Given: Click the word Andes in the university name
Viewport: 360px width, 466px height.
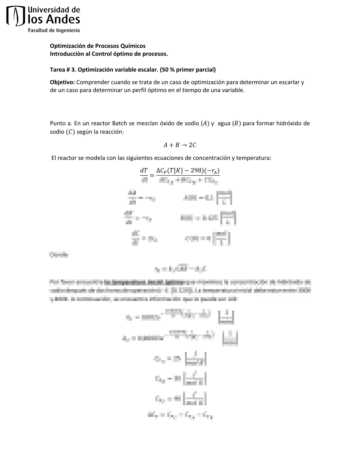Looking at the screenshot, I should pos(63,20).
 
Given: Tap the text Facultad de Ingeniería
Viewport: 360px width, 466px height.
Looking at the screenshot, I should pos(54,30).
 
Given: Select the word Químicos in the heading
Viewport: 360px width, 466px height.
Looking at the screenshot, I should pos(134,46).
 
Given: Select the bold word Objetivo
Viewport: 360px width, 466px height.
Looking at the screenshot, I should pos(62,82).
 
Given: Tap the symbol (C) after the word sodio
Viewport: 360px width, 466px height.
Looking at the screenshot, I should pos(69,132).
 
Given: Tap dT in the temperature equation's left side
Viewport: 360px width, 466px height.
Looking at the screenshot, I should pos(144,171).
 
